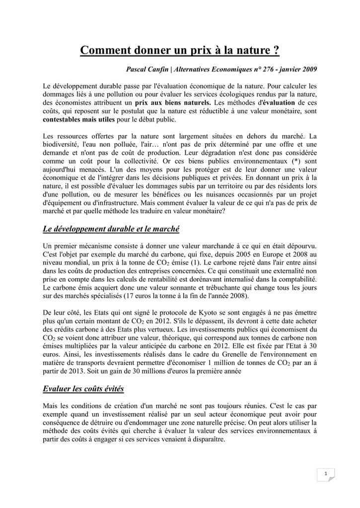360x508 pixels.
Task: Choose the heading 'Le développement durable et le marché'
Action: coord(111,229)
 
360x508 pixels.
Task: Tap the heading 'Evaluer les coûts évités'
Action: coord(83,388)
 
